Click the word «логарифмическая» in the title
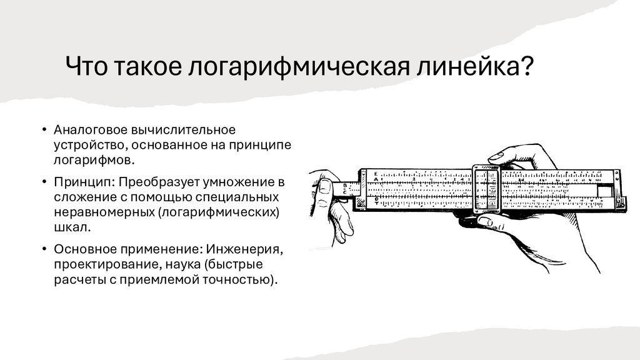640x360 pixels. (298, 66)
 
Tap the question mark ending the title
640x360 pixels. (527, 65)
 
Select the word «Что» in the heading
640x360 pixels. (86, 66)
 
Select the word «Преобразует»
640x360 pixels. (158, 182)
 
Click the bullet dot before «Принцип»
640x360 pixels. (44, 182)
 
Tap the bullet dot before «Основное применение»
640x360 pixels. (44, 249)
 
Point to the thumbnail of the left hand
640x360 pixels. (325, 186)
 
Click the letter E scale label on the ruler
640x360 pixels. (376, 174)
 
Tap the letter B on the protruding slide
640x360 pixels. (345, 185)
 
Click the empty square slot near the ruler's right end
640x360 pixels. (605, 191)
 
